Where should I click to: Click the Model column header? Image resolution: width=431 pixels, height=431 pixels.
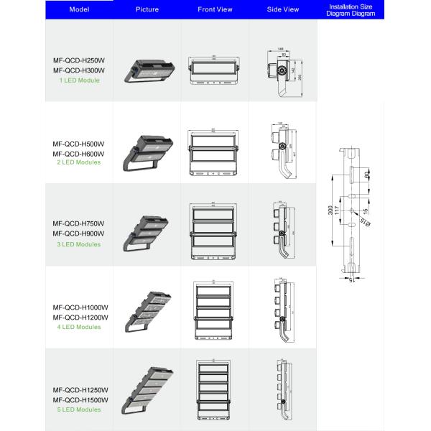click(x=79, y=9)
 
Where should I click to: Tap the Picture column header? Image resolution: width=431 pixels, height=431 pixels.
click(x=147, y=9)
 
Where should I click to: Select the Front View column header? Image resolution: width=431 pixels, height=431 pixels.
click(x=215, y=9)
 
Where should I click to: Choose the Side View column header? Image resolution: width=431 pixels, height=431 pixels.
click(x=282, y=9)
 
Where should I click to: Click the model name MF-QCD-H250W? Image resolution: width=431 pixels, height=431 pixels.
click(x=80, y=60)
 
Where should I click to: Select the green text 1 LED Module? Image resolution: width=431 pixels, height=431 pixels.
click(x=80, y=80)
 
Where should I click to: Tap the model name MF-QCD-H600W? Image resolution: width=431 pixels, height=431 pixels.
click(x=80, y=153)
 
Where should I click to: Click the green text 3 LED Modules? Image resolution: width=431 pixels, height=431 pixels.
click(x=80, y=244)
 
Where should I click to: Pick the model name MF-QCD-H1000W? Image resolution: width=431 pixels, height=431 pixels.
click(x=80, y=307)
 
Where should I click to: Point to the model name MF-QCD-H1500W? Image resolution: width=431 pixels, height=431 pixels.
click(x=80, y=399)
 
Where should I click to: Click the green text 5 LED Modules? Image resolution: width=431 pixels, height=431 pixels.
click(x=80, y=409)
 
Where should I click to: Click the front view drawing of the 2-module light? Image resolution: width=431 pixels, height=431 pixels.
click(x=215, y=152)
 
